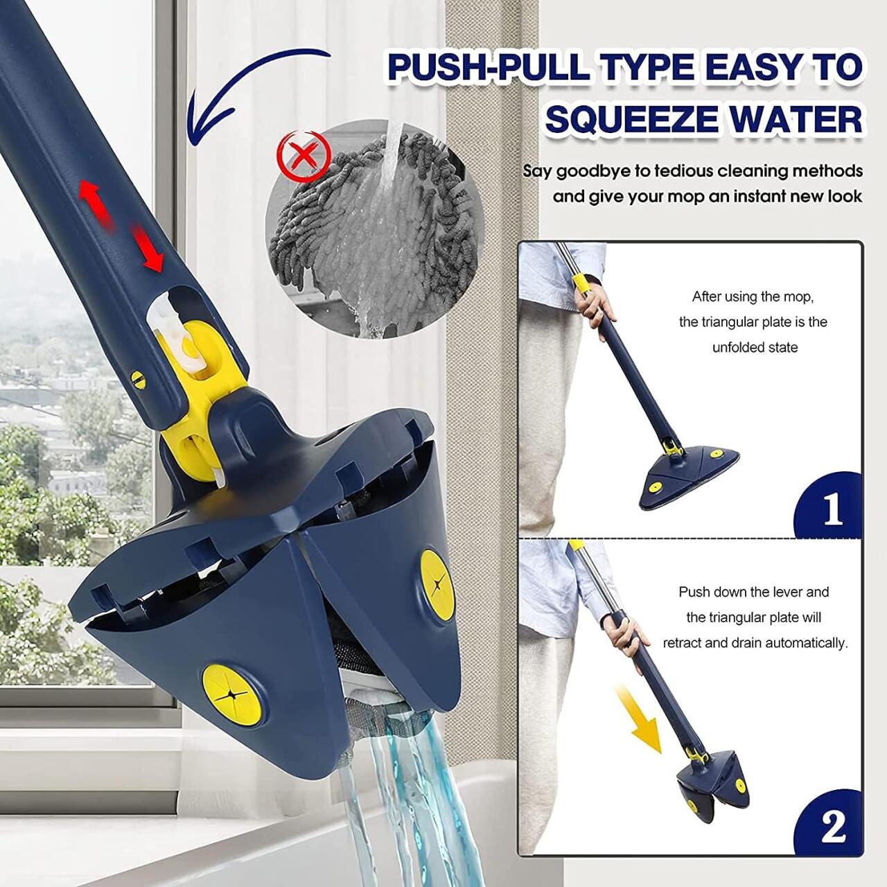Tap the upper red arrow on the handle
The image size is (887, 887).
click(x=94, y=201)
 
